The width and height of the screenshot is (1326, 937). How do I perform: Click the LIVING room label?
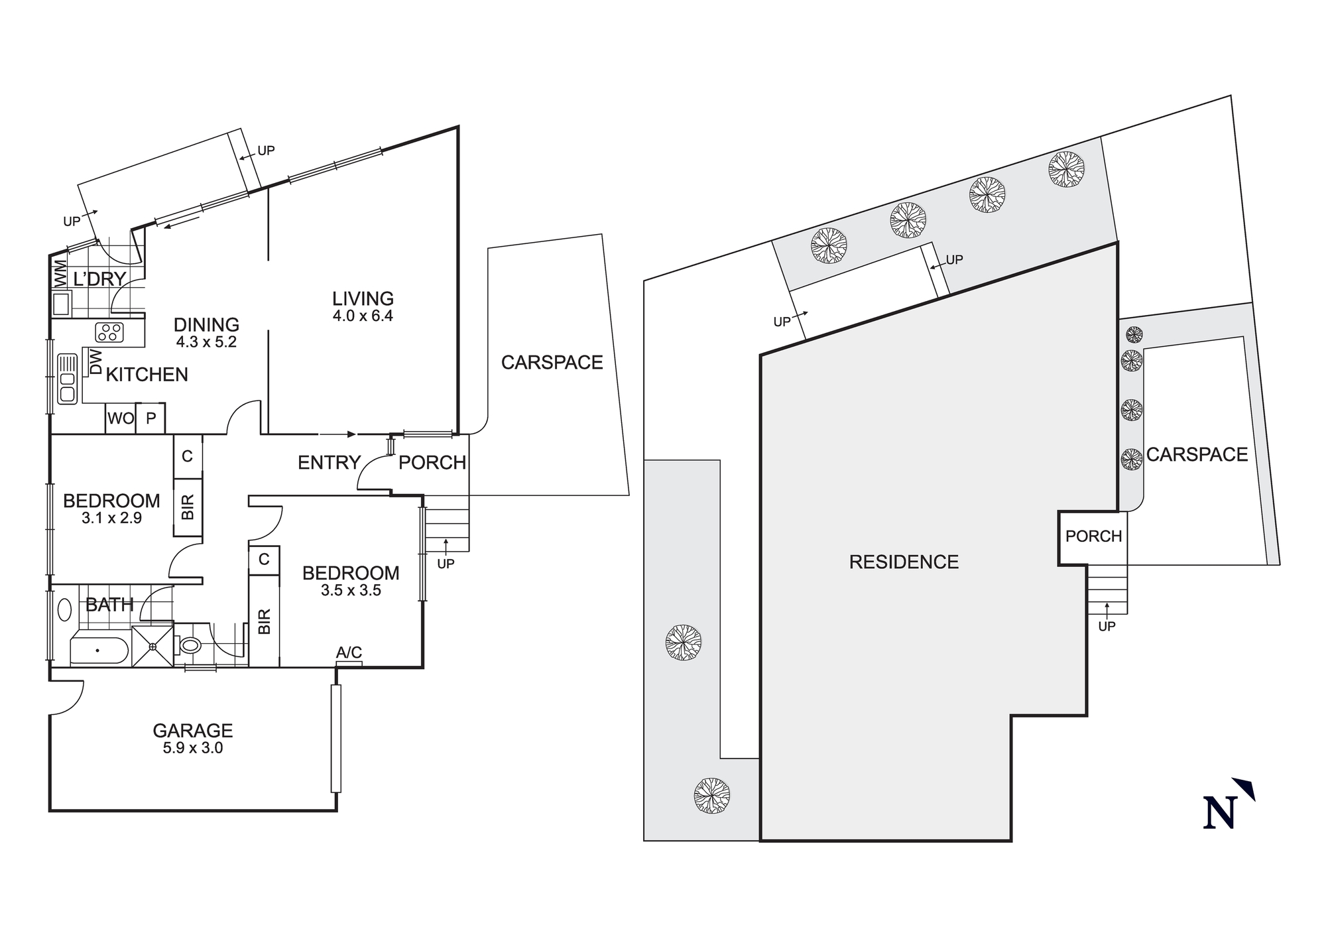(x=363, y=299)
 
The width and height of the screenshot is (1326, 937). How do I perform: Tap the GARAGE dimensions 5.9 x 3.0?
(x=193, y=748)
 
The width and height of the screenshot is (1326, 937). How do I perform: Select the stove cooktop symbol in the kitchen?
(x=110, y=332)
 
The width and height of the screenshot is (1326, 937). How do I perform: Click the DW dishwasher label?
(x=95, y=362)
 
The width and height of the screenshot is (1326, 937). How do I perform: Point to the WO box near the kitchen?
(x=121, y=418)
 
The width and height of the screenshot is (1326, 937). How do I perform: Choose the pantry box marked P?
(x=151, y=418)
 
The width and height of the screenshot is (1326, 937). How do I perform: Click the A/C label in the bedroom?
(x=349, y=653)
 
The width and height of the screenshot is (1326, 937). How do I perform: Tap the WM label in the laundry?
(x=60, y=273)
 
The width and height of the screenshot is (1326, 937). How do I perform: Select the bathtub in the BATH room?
(x=99, y=651)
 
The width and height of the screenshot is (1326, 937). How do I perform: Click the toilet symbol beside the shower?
(x=190, y=645)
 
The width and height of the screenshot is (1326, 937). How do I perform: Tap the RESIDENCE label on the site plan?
(x=904, y=562)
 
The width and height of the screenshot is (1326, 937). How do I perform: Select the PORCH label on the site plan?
(x=1093, y=536)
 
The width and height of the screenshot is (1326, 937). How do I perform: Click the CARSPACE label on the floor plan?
(x=552, y=363)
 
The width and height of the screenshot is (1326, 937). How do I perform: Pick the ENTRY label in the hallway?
(x=329, y=462)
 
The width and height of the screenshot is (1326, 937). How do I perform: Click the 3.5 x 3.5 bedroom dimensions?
(x=351, y=590)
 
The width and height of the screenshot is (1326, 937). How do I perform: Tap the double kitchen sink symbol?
(x=68, y=379)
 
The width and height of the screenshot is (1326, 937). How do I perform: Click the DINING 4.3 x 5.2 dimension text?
(x=206, y=342)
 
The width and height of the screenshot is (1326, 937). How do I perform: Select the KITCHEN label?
(x=147, y=375)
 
